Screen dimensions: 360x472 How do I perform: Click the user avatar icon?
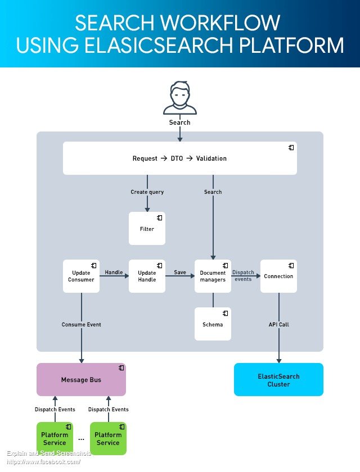(x=180, y=98)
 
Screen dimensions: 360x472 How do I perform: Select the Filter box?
(x=147, y=228)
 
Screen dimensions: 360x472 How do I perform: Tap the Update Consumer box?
(x=81, y=276)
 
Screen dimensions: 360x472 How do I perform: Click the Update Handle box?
(x=147, y=276)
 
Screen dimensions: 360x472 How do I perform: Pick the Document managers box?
(x=213, y=276)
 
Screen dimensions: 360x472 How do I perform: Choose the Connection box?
(x=278, y=276)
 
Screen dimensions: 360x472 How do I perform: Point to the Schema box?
(x=213, y=324)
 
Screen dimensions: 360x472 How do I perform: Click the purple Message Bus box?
(x=81, y=380)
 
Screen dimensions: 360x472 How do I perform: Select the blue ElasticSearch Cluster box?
(x=278, y=380)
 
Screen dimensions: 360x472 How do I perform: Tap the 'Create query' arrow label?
(x=147, y=192)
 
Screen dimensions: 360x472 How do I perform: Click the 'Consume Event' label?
(x=82, y=325)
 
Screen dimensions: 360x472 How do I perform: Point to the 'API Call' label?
(x=278, y=325)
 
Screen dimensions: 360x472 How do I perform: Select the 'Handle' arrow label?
(x=114, y=272)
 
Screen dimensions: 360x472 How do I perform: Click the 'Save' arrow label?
(x=180, y=272)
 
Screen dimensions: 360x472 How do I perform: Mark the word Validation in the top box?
(x=211, y=158)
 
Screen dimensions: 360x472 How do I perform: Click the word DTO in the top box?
(x=177, y=158)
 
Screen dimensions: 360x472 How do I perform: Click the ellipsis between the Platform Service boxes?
(x=81, y=440)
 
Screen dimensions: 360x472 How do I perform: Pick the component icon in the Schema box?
(x=226, y=314)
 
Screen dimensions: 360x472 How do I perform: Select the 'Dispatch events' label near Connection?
(x=243, y=276)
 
